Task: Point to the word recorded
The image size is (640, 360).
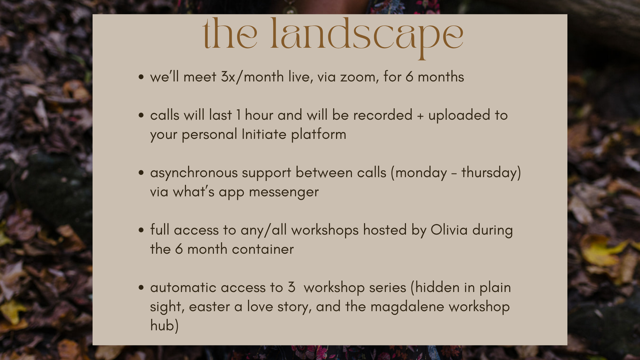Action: click(383, 115)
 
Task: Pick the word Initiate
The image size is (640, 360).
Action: click(264, 134)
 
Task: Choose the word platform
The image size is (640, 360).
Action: click(319, 135)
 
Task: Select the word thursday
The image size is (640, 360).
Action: click(489, 173)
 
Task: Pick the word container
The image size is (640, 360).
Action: click(263, 249)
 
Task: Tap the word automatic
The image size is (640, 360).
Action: click(183, 288)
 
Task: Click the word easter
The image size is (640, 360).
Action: click(209, 307)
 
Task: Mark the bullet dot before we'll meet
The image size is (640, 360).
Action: click(141, 77)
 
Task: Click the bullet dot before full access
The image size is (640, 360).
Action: click(141, 230)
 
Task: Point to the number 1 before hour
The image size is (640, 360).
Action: click(239, 115)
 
